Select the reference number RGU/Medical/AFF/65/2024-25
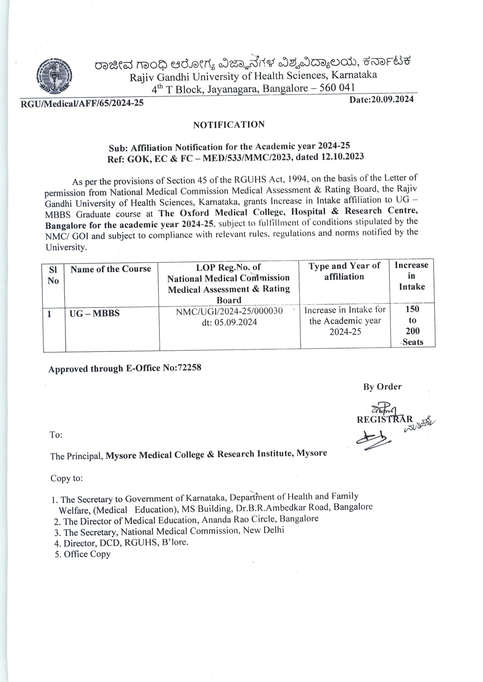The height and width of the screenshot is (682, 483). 82,104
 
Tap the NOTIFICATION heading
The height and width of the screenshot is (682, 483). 229,125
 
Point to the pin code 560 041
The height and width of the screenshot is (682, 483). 337,87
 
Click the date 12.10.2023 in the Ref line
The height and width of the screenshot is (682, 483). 343,156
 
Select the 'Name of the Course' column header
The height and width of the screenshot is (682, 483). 111,269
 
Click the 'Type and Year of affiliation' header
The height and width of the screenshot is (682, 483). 344,271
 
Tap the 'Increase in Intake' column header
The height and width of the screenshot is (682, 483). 411,276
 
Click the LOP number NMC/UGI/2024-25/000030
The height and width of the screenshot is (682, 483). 229,311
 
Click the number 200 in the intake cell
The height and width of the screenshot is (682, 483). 412,331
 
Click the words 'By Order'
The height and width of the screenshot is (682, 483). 382,387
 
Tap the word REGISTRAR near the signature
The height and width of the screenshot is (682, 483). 384,419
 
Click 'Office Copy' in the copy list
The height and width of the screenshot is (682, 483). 87,554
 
